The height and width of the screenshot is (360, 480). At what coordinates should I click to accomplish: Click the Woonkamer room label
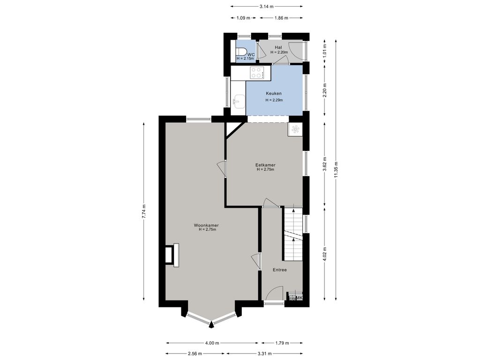[206, 225]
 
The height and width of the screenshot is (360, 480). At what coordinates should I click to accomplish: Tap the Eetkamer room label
[265, 165]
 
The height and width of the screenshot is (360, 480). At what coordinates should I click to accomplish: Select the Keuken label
[274, 93]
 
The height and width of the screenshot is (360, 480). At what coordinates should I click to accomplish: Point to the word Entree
[280, 270]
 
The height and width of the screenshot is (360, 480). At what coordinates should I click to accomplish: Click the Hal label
[278, 47]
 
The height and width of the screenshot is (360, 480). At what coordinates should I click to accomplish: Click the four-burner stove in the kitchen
[257, 73]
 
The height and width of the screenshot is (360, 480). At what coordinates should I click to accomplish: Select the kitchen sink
[239, 100]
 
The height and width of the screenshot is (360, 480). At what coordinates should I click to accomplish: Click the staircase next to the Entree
[293, 234]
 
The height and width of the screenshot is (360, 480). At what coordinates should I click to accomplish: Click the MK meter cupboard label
[299, 298]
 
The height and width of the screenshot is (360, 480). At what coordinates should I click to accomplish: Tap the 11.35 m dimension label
[336, 170]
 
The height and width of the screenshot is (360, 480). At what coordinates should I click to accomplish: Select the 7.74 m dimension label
[144, 211]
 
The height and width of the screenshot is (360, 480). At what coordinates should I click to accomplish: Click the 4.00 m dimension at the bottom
[212, 343]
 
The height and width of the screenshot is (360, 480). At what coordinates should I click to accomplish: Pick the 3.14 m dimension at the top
[266, 6]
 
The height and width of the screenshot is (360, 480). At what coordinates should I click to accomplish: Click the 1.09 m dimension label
[243, 18]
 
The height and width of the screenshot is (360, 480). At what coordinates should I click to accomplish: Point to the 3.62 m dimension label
[325, 165]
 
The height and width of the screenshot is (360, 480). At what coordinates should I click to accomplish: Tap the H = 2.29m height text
[274, 100]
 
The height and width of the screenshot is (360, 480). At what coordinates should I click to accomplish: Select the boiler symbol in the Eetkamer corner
[295, 129]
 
